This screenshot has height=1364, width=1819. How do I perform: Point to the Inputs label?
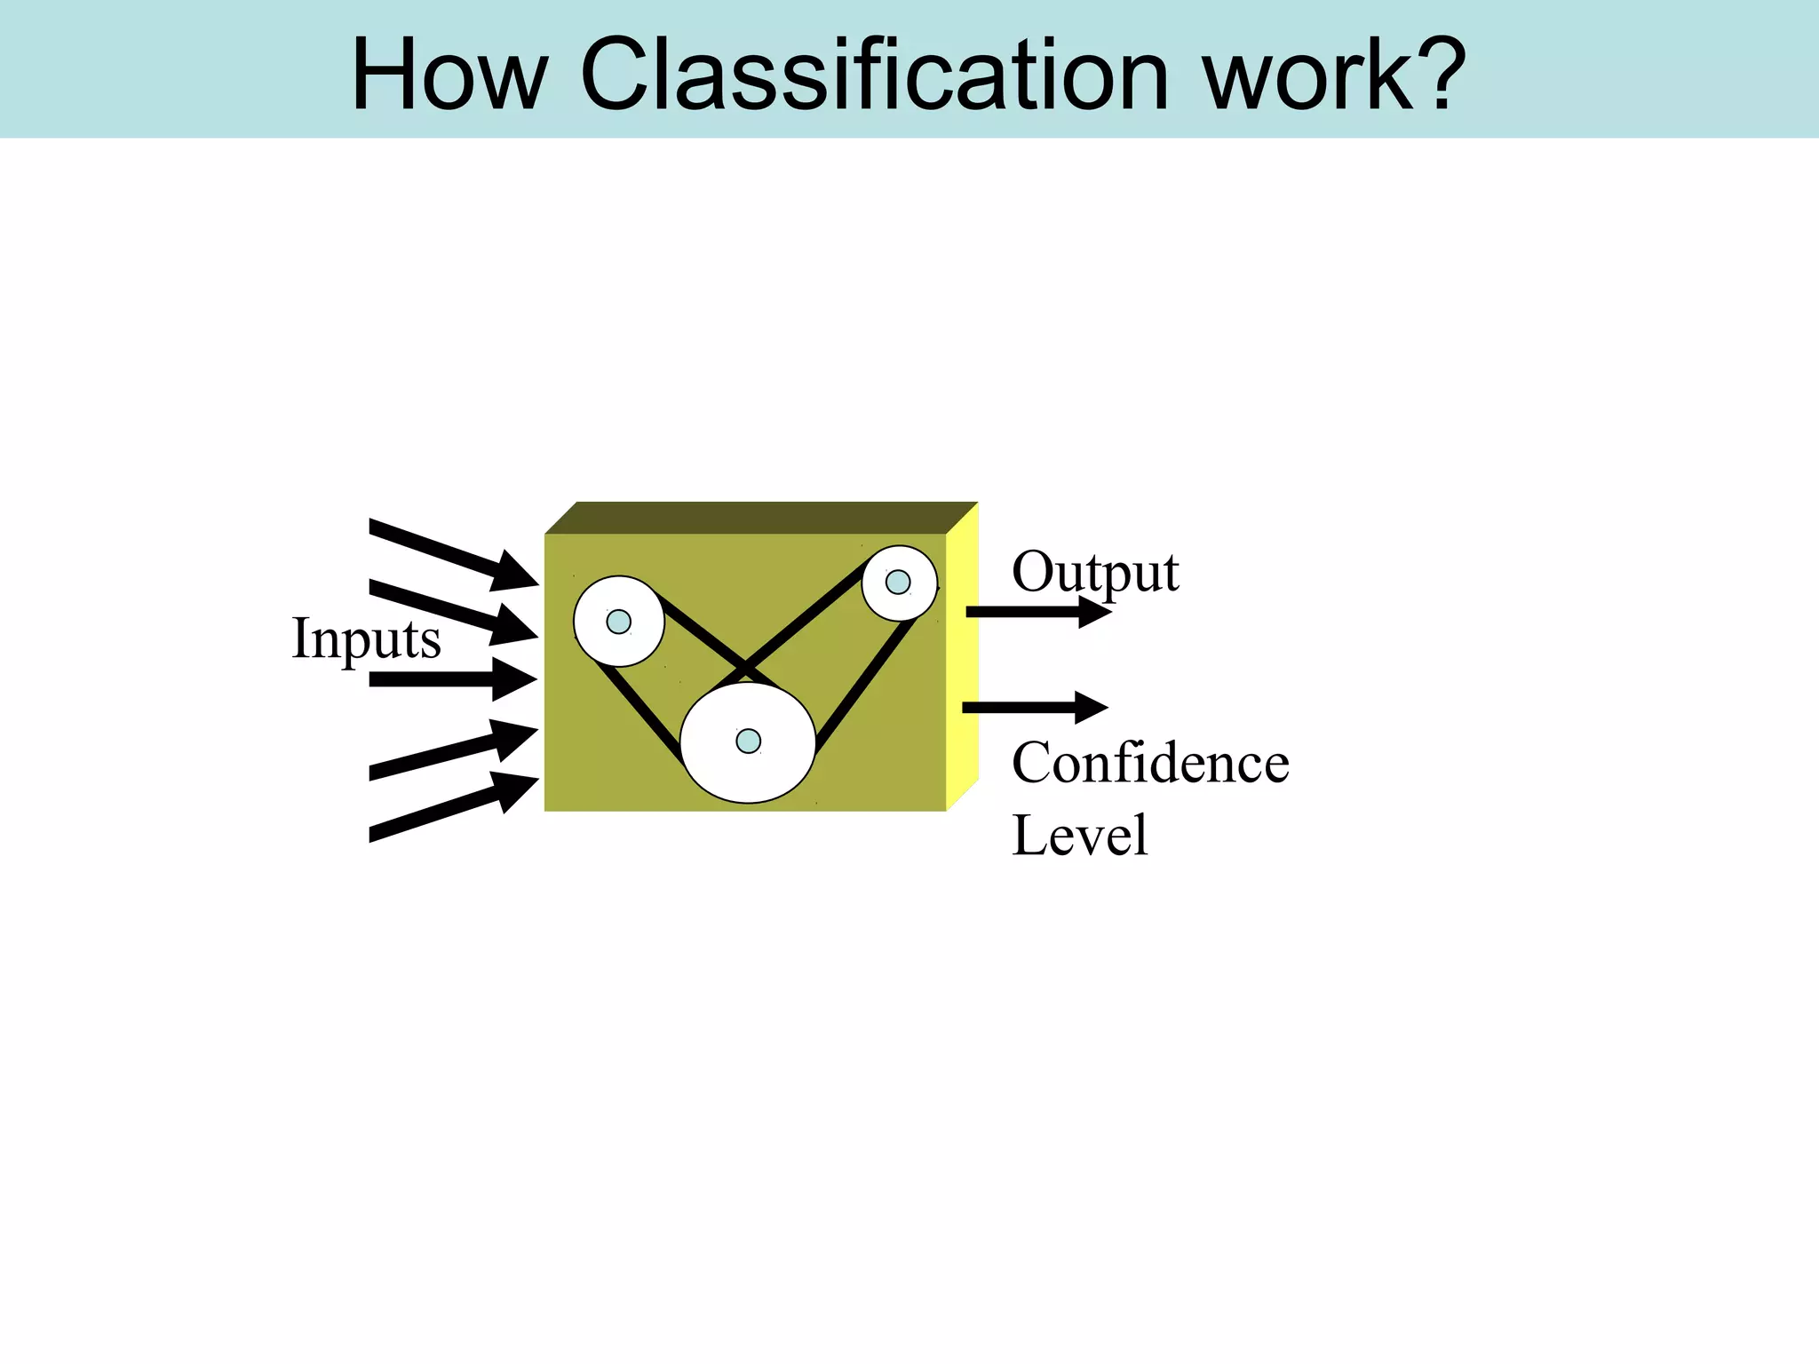pyautogui.click(x=366, y=639)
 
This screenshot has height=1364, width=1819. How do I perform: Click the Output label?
pyautogui.click(x=1095, y=573)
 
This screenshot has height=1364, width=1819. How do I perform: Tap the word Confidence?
pyautogui.click(x=1150, y=764)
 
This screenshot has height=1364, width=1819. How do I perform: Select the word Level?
pyautogui.click(x=1079, y=836)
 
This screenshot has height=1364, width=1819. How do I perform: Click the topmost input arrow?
pyautogui.click(x=453, y=555)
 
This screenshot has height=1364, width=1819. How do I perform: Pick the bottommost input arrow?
pyautogui.click(x=453, y=805)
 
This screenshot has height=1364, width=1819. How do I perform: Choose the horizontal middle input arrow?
pyautogui.click(x=453, y=679)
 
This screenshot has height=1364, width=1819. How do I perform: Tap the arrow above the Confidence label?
pyautogui.click(x=1035, y=707)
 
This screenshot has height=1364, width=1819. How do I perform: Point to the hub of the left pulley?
pyautogui.click(x=618, y=622)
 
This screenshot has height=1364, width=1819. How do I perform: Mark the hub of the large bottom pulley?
pyautogui.click(x=749, y=741)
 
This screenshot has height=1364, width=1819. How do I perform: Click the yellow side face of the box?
pyautogui.click(x=962, y=657)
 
